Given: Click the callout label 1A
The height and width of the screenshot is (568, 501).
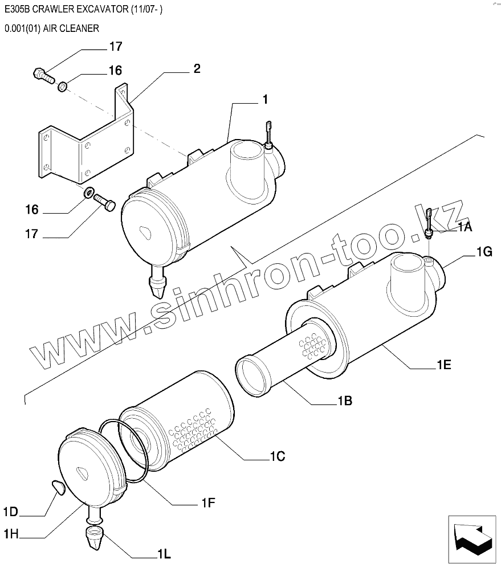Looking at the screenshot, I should (464, 227).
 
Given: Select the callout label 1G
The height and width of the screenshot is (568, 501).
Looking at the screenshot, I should (483, 251).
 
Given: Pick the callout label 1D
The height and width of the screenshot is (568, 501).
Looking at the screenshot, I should (11, 512).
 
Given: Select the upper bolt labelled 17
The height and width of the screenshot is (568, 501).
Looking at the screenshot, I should (42, 75).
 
